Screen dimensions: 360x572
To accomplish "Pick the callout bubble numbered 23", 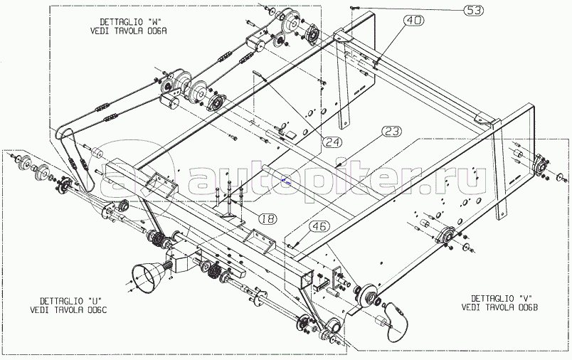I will click(392, 132).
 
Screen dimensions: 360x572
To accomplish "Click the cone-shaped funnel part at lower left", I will click(145, 277).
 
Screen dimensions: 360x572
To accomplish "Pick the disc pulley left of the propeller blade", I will click(367, 298).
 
